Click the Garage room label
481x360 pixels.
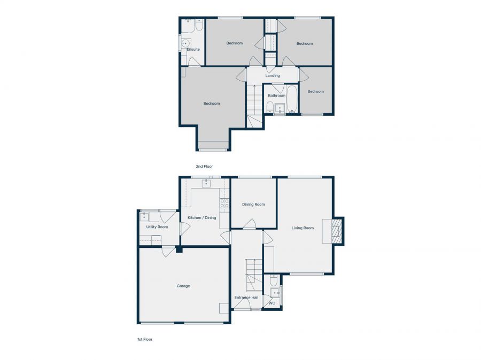183,286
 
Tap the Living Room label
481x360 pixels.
302,228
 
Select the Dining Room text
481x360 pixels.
253,205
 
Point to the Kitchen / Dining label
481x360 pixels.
202,217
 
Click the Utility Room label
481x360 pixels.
157,227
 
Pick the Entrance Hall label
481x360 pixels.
246,298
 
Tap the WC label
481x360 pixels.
272,303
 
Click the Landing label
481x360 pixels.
273,76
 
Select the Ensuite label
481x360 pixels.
193,50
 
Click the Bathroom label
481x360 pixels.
277,96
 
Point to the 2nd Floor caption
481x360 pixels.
204,167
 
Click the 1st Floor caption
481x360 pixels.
145,339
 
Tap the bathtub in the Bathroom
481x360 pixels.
292,99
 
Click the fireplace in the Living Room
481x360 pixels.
336,231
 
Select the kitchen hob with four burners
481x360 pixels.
225,203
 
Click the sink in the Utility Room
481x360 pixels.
145,216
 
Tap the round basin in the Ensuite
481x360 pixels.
185,44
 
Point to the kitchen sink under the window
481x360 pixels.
206,184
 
